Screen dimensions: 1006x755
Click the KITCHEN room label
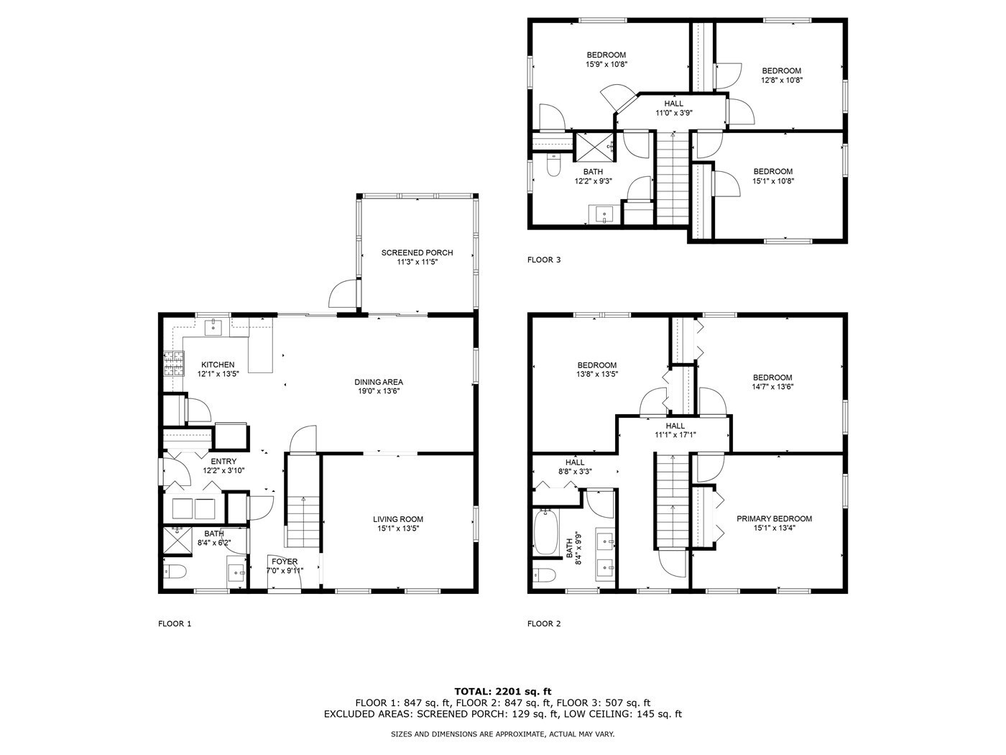tap(218, 365)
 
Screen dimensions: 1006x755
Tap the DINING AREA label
tap(379, 382)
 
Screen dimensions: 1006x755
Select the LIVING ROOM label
tap(398, 519)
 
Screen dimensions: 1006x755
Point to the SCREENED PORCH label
tap(417, 252)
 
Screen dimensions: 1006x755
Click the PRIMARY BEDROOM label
tap(774, 518)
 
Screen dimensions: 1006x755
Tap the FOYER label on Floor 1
tap(285, 562)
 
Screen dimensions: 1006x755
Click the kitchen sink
tap(213, 327)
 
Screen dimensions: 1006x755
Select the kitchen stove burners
tap(174, 364)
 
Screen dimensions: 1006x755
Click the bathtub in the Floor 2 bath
tap(546, 532)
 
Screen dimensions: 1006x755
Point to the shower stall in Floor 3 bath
tap(594, 147)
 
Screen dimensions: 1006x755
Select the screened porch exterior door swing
tap(343, 293)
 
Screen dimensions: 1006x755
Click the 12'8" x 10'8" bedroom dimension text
tap(781, 80)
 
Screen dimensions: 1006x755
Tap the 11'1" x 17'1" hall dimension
tap(675, 434)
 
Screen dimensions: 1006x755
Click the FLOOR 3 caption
tap(544, 260)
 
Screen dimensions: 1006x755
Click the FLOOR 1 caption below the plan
tap(175, 623)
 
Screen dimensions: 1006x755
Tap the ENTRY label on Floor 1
tap(223, 461)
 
